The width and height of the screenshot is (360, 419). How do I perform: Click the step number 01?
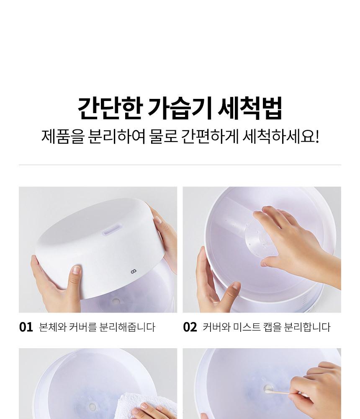coord(26,327)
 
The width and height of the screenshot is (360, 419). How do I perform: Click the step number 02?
coord(190,327)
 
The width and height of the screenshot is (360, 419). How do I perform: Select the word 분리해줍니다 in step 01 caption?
coord(127,327)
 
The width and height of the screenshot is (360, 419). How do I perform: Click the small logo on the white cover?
coord(134,272)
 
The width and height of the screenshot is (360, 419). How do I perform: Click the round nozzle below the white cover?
coord(116,302)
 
